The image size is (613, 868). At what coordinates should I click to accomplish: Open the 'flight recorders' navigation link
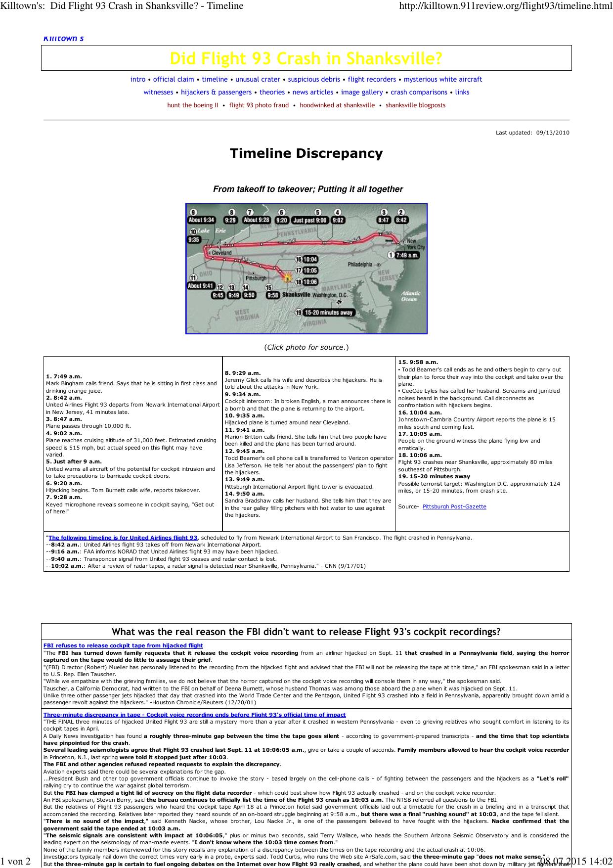(372, 79)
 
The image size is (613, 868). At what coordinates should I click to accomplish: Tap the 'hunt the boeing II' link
(193, 105)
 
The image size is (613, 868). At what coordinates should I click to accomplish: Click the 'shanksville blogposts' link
(415, 105)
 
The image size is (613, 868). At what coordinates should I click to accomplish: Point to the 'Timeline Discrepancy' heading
(306, 153)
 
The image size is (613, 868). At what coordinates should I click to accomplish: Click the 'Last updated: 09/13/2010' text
(532, 133)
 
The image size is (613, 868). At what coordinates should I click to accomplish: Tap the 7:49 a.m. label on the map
(407, 255)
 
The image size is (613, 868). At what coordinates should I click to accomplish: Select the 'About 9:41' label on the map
(200, 285)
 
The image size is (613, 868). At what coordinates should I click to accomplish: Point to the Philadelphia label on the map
(360, 265)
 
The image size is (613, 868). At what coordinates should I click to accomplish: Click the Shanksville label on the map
(296, 295)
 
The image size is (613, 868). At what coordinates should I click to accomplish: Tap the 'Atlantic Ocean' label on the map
(409, 296)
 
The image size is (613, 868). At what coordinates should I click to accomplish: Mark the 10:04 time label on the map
(310, 259)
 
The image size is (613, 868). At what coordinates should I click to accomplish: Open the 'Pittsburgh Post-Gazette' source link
(454, 506)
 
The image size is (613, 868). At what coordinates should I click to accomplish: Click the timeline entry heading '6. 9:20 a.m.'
(64, 483)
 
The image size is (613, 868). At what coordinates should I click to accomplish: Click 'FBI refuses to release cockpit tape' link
(123, 645)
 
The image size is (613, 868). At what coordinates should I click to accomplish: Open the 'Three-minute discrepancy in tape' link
(194, 715)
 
